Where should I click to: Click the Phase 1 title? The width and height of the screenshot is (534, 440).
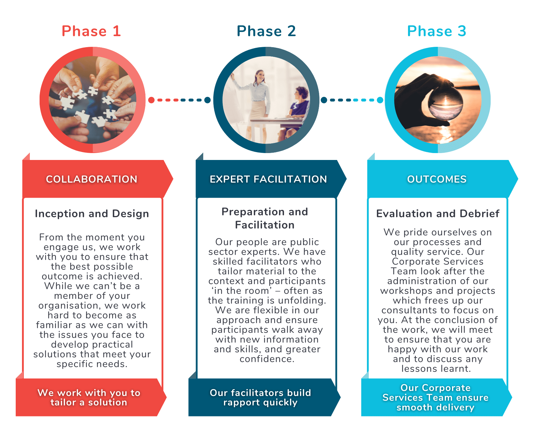[x=91, y=31]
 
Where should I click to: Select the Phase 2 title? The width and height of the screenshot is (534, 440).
[x=266, y=31]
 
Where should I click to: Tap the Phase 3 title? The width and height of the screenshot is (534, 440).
[x=437, y=31]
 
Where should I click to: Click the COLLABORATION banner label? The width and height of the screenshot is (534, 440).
[x=92, y=179]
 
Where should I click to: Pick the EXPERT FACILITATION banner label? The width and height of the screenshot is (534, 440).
[x=268, y=179]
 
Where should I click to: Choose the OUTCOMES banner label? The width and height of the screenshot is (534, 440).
[x=437, y=179]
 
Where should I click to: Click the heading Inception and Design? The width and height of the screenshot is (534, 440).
[x=92, y=214]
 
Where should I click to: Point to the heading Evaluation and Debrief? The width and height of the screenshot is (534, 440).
[x=438, y=214]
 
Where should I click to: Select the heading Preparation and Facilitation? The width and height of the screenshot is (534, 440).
[x=265, y=218]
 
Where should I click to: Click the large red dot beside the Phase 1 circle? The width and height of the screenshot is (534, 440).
[x=151, y=100]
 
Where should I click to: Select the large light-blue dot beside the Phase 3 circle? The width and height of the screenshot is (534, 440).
[x=380, y=100]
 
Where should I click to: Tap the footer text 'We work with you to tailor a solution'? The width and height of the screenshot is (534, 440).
[x=89, y=398]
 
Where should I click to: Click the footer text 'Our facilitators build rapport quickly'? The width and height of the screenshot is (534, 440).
[x=260, y=398]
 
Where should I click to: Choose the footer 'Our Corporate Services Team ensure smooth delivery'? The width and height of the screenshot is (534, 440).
[x=435, y=398]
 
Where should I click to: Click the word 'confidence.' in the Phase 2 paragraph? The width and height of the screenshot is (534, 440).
[x=267, y=359]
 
